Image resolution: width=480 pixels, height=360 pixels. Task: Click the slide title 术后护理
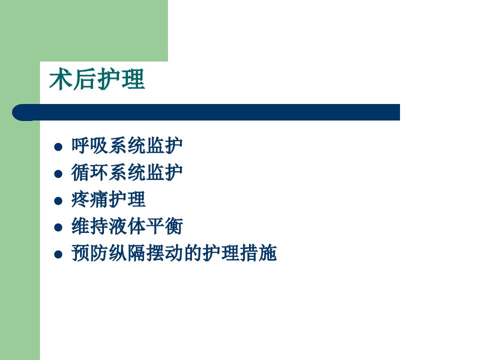[x=96, y=79]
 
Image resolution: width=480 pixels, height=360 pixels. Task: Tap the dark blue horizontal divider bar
[x=206, y=112]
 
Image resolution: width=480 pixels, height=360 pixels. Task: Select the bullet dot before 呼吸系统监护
[x=58, y=147]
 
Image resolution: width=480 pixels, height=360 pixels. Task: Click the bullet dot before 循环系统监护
[x=58, y=174]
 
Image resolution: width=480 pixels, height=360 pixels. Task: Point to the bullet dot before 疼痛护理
[x=58, y=201]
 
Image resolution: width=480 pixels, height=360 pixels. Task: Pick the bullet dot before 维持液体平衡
[x=58, y=227]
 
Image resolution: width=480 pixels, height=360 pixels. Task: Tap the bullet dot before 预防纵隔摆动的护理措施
[x=58, y=254]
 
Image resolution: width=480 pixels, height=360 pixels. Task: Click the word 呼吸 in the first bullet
[x=89, y=145]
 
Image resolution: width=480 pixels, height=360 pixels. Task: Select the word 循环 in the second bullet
[x=89, y=172]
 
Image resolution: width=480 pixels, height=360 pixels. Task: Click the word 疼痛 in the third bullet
[x=89, y=199]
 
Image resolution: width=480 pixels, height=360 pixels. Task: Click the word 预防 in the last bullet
[x=89, y=253]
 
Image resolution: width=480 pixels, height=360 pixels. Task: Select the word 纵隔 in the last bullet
[x=127, y=253]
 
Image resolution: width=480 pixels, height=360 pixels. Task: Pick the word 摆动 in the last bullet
[x=164, y=253]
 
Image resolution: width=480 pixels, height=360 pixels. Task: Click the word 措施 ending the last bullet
[x=258, y=253]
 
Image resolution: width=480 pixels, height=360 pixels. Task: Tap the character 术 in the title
[x=60, y=79]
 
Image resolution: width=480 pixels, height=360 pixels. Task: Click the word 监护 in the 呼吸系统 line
[x=164, y=145]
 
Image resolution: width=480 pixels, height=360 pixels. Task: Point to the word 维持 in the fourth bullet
[x=89, y=226]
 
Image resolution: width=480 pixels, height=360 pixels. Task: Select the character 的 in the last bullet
[x=192, y=253]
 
